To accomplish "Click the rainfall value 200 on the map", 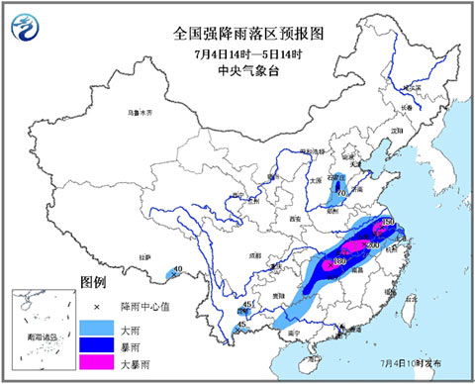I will coord(373,244).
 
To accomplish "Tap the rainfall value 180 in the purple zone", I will coord(338,261).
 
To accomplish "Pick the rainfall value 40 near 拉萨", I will coord(178,269).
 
